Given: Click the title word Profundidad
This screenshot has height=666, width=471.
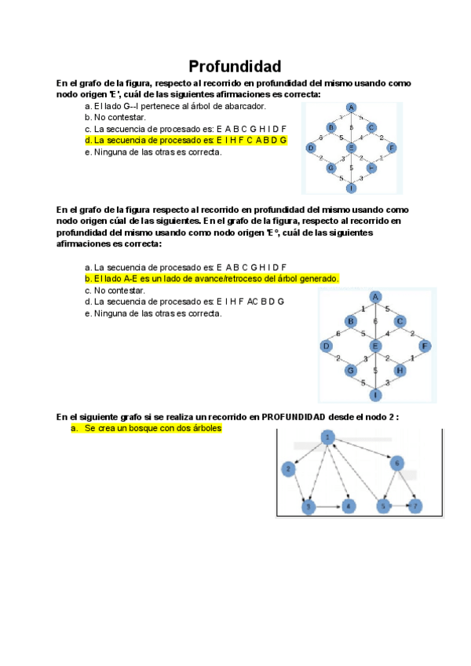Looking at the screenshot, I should click(235, 66).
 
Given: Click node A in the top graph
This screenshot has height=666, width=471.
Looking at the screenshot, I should click(352, 108).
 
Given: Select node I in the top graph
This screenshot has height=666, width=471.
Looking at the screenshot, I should click(351, 188).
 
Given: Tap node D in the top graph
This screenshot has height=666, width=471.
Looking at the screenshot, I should click(311, 148).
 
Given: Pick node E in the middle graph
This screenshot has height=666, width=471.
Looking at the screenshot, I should click(375, 346).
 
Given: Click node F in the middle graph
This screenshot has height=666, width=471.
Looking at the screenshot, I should click(425, 346).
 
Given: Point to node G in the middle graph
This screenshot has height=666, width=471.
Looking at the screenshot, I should click(351, 370).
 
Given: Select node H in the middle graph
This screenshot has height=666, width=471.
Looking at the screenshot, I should click(400, 370).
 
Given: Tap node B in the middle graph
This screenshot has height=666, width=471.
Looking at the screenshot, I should click(351, 321).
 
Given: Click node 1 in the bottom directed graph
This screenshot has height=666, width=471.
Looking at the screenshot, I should click(328, 437).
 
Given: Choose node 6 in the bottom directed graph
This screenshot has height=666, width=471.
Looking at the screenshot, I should click(397, 463).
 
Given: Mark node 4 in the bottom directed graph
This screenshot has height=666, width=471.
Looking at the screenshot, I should click(349, 507).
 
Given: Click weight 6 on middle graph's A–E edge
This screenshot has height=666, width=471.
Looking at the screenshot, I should click(376, 321).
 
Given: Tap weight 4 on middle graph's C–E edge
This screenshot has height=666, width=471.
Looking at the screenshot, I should click(387, 334).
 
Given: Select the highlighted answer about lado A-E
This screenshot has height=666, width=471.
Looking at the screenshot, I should click(211, 279).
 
